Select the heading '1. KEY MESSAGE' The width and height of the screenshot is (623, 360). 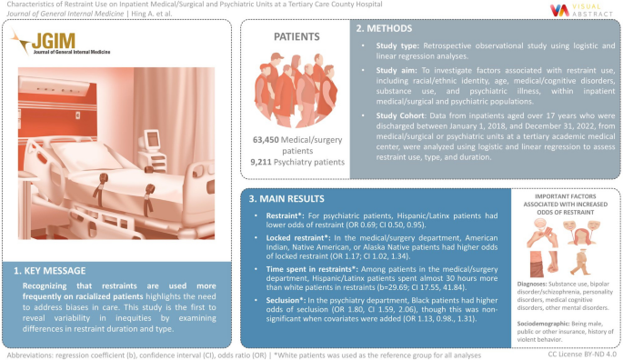pos(55,271)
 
